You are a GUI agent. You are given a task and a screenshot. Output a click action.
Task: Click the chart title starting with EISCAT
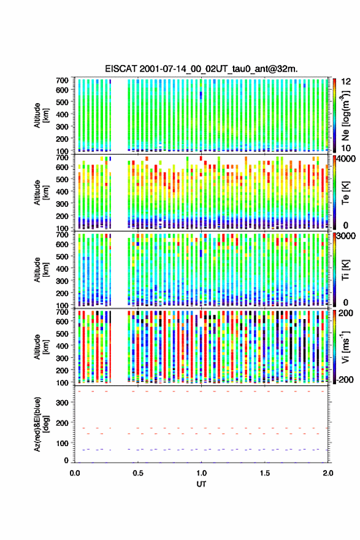point(201,69)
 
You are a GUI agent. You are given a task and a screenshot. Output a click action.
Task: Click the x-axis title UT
point(201,484)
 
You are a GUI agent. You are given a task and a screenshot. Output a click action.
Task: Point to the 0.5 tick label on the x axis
point(138,473)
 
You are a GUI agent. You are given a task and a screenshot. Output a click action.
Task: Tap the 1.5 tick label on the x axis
point(265,473)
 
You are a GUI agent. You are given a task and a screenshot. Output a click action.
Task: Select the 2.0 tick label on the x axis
point(328,473)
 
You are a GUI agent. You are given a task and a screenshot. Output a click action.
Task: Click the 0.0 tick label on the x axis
point(75,473)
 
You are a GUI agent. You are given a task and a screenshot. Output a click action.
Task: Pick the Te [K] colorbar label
point(345,193)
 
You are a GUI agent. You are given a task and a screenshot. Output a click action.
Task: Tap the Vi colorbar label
point(345,347)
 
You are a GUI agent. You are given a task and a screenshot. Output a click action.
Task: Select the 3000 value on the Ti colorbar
point(345,236)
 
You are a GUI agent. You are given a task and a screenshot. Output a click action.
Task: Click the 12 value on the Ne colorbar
point(346,82)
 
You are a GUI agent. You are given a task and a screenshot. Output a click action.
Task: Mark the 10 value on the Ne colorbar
point(346,148)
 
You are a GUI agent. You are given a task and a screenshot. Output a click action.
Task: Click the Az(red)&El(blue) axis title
point(41,424)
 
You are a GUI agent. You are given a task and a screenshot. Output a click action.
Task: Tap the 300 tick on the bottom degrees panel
point(63,403)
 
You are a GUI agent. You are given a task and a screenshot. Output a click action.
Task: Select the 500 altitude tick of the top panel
point(63,102)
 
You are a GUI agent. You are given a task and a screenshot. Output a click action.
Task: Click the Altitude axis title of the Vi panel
point(41,347)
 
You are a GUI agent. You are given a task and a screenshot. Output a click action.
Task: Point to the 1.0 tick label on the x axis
point(201,473)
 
